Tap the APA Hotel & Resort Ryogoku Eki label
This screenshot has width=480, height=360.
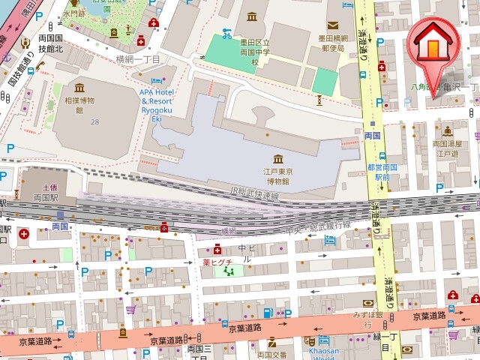click(156, 103)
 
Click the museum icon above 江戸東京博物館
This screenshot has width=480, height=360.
click(278, 159)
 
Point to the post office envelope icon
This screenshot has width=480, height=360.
click(333, 25)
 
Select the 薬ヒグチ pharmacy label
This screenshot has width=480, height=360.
click(217, 262)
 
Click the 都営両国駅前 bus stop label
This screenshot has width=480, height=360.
click(377, 172)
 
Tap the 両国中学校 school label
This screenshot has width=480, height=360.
click(255, 53)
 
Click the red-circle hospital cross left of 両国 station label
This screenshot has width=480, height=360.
click(24, 234)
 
